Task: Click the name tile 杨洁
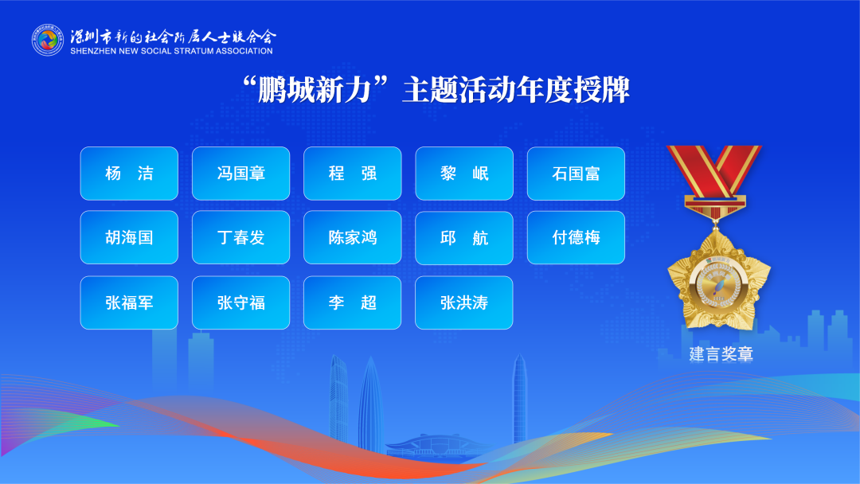coord(129,174)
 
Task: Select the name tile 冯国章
coord(240,174)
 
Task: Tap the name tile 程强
coord(353,174)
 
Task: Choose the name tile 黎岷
coord(464,174)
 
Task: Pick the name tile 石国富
coord(576,174)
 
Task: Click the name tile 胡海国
coord(129,237)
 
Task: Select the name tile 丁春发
coord(240,237)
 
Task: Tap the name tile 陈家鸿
coord(353,237)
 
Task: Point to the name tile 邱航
coord(464,238)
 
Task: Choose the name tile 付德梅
coord(576,237)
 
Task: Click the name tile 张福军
coord(129,302)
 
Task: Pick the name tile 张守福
coord(240,302)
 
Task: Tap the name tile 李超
coord(353,302)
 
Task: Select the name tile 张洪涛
coord(464,302)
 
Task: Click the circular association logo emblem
coord(48,40)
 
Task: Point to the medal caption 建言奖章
coord(721,353)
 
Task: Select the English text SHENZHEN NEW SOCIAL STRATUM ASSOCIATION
coord(171,51)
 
